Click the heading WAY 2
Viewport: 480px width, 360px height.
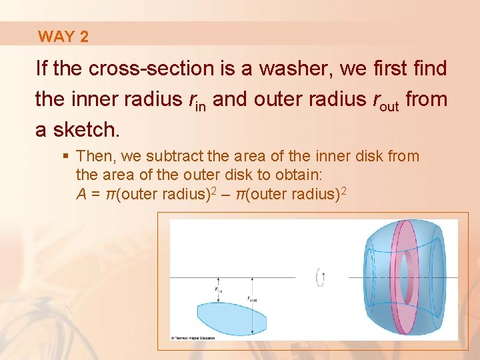63,37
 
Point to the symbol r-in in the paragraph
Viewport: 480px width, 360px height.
197,101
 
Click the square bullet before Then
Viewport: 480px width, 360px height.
65,157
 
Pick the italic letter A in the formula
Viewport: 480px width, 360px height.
81,194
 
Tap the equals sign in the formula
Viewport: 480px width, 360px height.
96,194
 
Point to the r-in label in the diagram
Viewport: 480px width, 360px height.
219,289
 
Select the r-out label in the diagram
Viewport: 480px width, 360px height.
253,299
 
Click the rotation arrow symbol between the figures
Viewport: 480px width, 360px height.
322,277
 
